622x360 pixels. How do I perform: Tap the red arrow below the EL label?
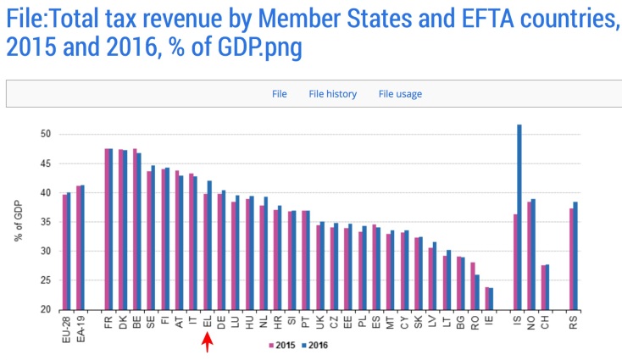pyautogui.click(x=208, y=341)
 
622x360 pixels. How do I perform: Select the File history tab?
pyautogui.click(x=332, y=94)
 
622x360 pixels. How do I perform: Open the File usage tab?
pyautogui.click(x=400, y=94)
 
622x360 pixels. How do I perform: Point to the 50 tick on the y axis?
pyautogui.click(x=46, y=134)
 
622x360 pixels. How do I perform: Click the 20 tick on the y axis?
pyautogui.click(x=46, y=310)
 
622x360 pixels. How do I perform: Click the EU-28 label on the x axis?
pyautogui.click(x=66, y=325)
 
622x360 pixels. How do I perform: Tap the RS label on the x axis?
pyautogui.click(x=574, y=322)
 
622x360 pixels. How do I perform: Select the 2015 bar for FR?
pyautogui.click(x=107, y=229)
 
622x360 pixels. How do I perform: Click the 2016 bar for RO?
pyautogui.click(x=476, y=292)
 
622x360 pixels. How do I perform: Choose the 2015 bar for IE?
pyautogui.click(x=486, y=299)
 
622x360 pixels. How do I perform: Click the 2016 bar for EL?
pyautogui.click(x=209, y=245)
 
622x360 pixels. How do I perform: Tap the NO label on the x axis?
pyautogui.click(x=531, y=322)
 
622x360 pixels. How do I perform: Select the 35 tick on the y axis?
pyautogui.click(x=46, y=222)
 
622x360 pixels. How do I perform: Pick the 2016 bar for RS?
pyautogui.click(x=575, y=256)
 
